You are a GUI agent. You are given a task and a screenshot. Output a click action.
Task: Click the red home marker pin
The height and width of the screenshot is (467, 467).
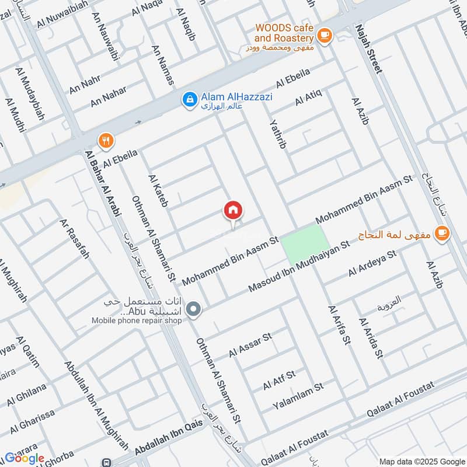point(233,211)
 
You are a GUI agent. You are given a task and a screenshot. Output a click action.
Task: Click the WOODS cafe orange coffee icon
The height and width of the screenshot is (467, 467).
point(325,36)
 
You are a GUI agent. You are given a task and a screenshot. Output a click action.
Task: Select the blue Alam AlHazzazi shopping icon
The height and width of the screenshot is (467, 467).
point(189,100)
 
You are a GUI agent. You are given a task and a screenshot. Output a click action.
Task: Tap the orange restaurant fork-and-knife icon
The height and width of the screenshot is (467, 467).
point(106,140)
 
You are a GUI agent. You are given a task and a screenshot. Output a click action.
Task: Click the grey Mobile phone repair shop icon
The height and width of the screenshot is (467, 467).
point(195,311)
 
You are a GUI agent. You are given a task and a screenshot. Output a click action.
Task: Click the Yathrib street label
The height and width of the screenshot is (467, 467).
point(278,134)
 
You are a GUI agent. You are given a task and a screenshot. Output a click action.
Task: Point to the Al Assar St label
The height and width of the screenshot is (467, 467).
point(251,345)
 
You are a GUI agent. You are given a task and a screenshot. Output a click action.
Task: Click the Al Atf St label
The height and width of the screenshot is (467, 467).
point(279,379)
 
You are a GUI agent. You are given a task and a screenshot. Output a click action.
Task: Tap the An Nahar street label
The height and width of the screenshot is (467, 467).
point(108,97)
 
